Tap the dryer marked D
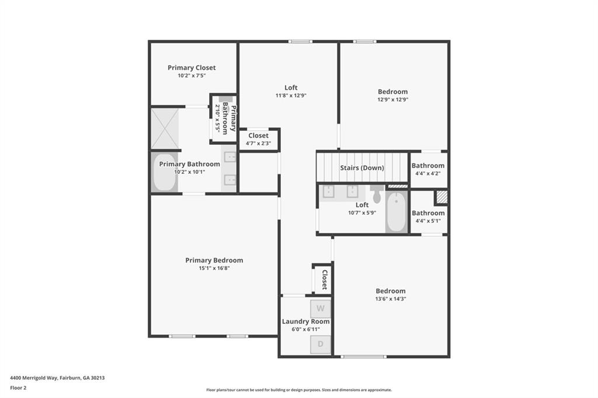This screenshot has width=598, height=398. (320, 344)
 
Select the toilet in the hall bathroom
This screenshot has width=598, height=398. (377, 194)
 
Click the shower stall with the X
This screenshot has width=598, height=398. (165, 128)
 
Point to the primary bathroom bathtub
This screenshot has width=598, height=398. (165, 173)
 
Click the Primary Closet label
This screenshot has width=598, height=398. (192, 68)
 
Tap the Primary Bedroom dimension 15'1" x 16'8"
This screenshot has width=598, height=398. (214, 268)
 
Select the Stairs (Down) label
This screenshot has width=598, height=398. (362, 168)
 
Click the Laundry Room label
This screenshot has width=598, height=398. (306, 322)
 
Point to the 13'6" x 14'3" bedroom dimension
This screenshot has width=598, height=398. (391, 299)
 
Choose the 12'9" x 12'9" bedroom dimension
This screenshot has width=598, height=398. (392, 99)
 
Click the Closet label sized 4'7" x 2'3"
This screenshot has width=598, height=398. (259, 136)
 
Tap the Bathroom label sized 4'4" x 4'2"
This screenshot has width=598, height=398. (428, 166)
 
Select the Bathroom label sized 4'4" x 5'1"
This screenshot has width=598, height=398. (428, 214)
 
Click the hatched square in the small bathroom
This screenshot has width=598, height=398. (441, 197)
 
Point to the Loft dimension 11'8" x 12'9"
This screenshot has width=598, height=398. (291, 96)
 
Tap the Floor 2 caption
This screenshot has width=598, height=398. (19, 387)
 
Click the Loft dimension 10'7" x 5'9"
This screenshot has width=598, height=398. (362, 213)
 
